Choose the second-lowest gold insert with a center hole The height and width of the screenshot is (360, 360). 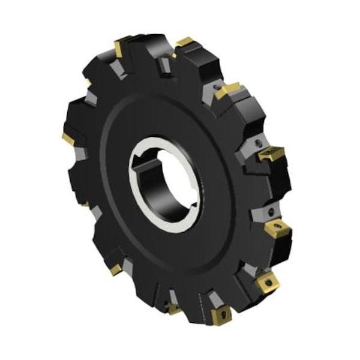click(264, 281)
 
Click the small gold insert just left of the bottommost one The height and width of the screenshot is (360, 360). click(174, 308)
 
